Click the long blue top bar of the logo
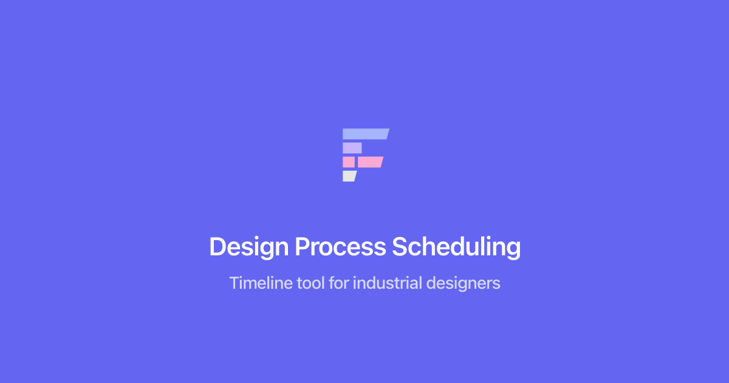tap(365, 134)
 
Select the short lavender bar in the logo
tap(352, 148)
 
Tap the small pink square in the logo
tap(349, 162)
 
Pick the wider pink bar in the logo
tap(371, 162)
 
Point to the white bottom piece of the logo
tap(349, 176)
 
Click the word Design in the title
tap(249, 247)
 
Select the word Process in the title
tap(340, 247)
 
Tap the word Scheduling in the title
tap(456, 247)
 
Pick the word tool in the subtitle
tap(311, 283)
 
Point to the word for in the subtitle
tap(338, 283)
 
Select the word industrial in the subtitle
tap(388, 283)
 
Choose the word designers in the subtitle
tap(463, 283)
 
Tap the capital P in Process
tap(303, 247)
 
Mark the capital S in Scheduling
tap(400, 247)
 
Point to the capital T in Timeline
tap(235, 283)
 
